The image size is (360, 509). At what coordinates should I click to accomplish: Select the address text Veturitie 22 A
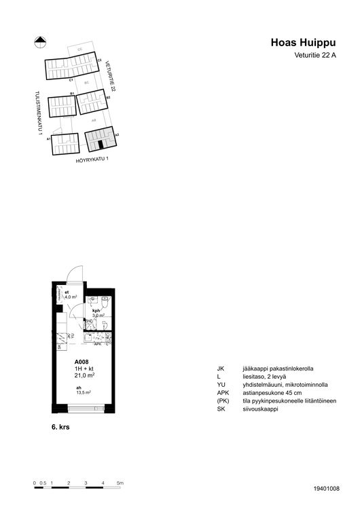tap(315, 56)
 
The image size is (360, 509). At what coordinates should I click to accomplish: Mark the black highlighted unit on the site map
tap(101, 144)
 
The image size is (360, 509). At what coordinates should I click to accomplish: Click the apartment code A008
tap(81, 362)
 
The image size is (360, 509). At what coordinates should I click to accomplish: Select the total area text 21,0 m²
tap(84, 375)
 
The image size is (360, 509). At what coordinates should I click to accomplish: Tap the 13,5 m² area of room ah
tap(84, 392)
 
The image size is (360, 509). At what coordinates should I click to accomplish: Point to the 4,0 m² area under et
tap(71, 297)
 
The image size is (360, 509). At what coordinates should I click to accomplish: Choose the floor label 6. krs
tap(62, 429)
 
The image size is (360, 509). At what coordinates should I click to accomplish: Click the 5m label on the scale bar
tap(120, 483)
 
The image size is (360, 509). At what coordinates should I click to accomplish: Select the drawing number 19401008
tap(327, 488)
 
